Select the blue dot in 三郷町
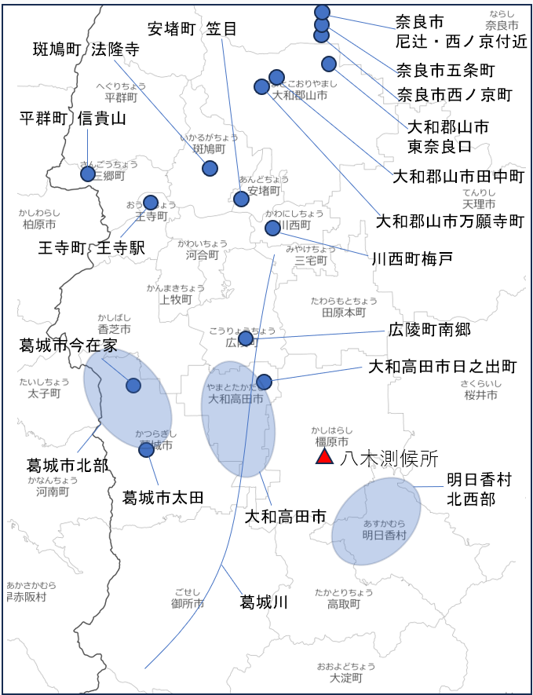pos(88,174)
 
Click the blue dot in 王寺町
pos(151,203)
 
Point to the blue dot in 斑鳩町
pos(210,168)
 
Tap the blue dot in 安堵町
pos(241,199)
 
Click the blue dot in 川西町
pos(272,228)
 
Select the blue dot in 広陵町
pos(246,338)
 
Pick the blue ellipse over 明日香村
pos(375,522)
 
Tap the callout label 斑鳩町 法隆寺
pos(86,49)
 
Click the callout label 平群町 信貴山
pos(72,119)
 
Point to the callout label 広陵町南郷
pos(430,329)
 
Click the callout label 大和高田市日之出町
pos(443,367)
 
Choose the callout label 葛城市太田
pos(163,497)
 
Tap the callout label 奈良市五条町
pos(446,70)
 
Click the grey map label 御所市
pos(188,603)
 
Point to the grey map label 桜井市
pos(480,395)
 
